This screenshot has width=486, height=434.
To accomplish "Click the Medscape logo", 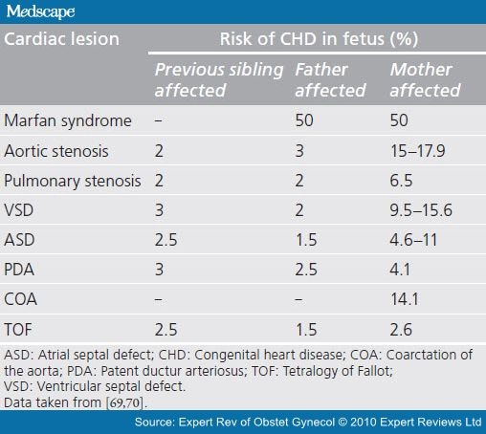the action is [40, 11].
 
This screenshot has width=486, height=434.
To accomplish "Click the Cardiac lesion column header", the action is [61, 39].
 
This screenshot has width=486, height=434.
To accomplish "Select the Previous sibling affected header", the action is [219, 79].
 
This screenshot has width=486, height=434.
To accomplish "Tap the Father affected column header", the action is [330, 79].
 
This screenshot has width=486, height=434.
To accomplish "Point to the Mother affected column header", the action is [425, 79].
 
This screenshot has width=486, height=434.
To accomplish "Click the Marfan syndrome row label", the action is [68, 120].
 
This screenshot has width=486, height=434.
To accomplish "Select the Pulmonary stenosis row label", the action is [73, 181].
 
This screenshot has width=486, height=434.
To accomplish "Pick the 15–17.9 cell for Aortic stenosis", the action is [418, 151].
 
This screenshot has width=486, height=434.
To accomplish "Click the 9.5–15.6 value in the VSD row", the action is [421, 210].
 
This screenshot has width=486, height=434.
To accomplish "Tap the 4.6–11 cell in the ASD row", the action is [413, 240].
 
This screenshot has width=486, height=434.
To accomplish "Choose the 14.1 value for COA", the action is [405, 299].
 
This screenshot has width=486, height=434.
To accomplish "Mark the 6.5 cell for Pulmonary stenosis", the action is [401, 181].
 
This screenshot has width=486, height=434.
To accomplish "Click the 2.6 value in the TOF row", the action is [401, 330].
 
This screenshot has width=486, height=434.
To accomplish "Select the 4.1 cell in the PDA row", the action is [400, 270].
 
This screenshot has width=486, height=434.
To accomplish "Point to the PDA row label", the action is [19, 270].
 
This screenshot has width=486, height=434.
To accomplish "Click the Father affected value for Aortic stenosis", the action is [299, 151].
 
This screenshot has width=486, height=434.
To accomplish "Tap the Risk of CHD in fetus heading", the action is [319, 39].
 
